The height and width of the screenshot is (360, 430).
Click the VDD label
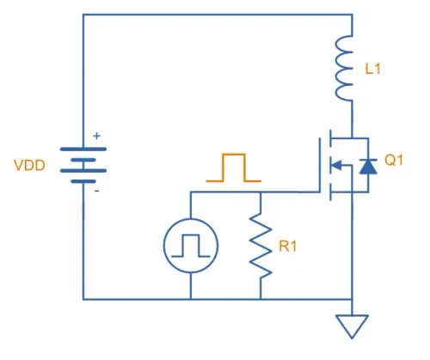(x=29, y=166)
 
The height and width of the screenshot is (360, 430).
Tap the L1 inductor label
(x=372, y=69)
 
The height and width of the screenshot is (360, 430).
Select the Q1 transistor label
(x=394, y=160)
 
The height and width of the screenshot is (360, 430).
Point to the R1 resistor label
(x=288, y=247)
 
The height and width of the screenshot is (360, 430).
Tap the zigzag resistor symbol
(x=261, y=246)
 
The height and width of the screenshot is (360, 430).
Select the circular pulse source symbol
(x=191, y=246)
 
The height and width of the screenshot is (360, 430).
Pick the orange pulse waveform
(x=234, y=168)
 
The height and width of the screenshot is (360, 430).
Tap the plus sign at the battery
(x=97, y=136)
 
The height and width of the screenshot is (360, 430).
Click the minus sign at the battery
(x=97, y=191)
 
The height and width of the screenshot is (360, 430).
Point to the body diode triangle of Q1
(x=368, y=167)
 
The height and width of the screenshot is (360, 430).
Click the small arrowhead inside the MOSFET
(x=336, y=165)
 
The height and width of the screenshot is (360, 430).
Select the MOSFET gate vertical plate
(x=319, y=165)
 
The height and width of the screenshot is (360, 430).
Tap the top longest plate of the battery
(x=83, y=149)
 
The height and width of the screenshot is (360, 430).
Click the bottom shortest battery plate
(x=83, y=181)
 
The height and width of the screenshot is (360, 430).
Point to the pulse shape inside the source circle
(x=191, y=246)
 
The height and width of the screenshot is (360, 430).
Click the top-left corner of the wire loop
(x=83, y=15)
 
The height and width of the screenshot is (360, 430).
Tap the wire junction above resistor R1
(x=261, y=192)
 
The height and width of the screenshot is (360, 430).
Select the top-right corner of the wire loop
(x=353, y=15)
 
